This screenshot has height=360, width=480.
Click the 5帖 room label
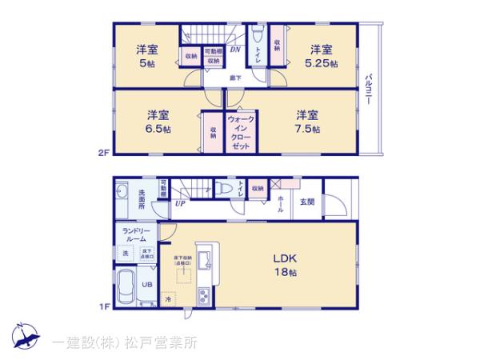146,56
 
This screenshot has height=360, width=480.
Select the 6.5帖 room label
156,121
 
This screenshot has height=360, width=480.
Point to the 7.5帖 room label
308,121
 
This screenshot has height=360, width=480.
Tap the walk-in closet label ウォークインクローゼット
241,132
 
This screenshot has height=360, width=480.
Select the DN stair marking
235,50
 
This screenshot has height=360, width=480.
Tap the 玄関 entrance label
307,202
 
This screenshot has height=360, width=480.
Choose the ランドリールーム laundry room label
134,234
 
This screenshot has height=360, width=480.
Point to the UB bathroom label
147,283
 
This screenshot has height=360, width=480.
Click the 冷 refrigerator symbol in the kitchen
168,299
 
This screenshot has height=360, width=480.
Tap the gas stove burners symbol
203,296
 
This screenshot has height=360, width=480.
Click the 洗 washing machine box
126,254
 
